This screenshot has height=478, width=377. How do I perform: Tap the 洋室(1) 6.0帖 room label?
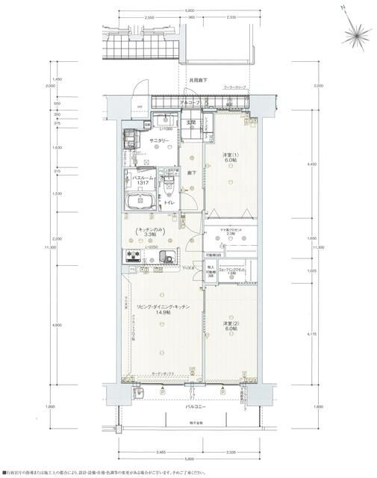point(230,158)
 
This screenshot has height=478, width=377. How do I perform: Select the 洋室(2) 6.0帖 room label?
point(230,326)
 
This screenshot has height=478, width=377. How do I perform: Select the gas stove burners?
point(134,258)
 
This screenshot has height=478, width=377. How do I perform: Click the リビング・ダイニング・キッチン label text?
point(162,307)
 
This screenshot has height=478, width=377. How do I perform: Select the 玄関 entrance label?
point(191,122)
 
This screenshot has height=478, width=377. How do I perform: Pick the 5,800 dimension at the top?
point(190,8)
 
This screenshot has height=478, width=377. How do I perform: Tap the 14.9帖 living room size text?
point(161,314)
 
